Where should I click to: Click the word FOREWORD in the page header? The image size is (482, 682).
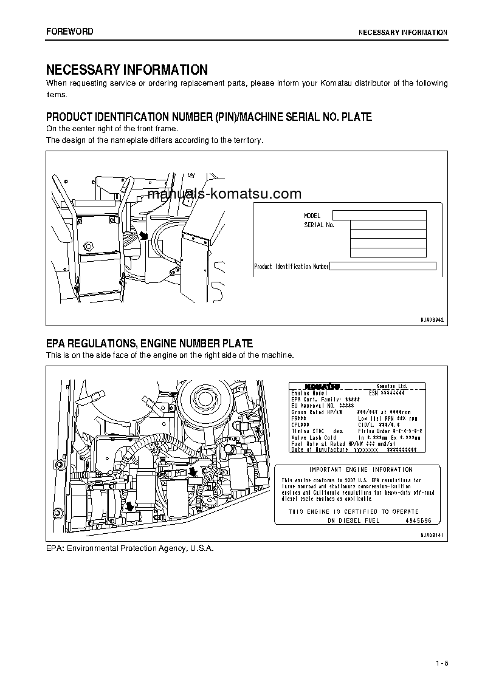70,31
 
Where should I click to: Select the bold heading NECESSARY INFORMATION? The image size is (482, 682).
127,70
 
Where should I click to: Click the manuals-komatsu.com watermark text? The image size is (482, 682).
224,194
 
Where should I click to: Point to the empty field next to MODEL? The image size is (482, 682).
379,215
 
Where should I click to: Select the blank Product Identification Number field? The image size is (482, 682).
383,266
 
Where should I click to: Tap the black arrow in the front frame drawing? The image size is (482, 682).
143,235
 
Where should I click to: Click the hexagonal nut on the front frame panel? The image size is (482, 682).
89,247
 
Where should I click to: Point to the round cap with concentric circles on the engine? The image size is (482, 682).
201,398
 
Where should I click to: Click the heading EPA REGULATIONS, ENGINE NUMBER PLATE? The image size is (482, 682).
150,344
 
